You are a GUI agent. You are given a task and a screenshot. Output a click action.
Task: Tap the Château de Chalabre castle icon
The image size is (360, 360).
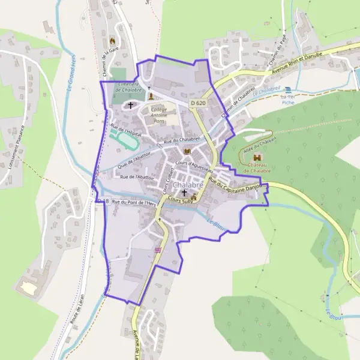pyautogui.click(x=259, y=157)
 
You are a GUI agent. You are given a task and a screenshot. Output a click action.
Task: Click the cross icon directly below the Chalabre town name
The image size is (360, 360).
pyautogui.click(x=184, y=193)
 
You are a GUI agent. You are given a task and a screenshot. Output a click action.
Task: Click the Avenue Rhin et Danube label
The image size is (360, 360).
pyautogui.click(x=298, y=64)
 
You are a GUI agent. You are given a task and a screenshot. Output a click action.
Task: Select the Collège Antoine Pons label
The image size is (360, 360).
pyautogui.click(x=159, y=115)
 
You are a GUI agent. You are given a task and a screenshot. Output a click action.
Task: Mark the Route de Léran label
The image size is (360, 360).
pyautogui.click(x=76, y=310)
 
